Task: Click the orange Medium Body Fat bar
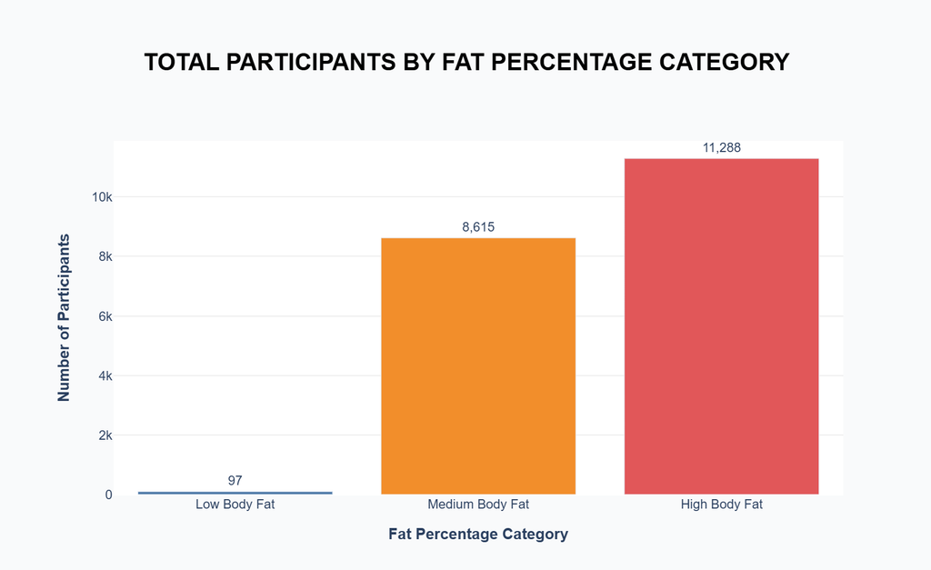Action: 478,365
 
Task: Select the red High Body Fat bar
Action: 721,326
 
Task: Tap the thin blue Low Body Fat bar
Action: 235,493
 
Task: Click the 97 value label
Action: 235,480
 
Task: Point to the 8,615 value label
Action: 478,226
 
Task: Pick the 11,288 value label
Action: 721,147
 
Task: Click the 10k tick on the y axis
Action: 102,197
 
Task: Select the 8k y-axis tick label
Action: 105,256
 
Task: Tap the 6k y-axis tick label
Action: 105,316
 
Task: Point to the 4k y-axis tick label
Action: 105,375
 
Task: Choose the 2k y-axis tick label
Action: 105,435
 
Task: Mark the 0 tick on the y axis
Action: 109,495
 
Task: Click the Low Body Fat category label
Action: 235,505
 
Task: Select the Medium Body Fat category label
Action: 478,505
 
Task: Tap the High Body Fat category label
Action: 721,505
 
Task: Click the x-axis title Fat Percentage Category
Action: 478,534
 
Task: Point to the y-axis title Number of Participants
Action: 64,317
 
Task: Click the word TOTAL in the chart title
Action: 182,63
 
